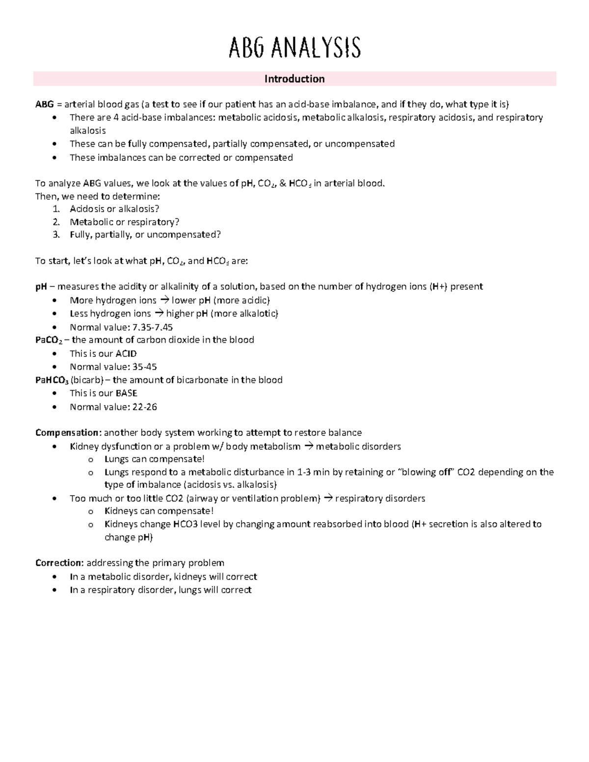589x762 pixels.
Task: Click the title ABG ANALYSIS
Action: pyautogui.click(x=294, y=48)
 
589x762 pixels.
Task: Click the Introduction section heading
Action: pyautogui.click(x=294, y=79)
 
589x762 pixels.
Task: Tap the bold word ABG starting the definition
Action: pyautogui.click(x=43, y=104)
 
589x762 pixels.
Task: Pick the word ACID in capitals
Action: pyautogui.click(x=126, y=353)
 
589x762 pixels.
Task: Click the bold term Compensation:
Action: pyautogui.click(x=68, y=433)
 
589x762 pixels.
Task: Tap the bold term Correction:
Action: pyautogui.click(x=59, y=563)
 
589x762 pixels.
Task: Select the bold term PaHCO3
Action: pyautogui.click(x=52, y=380)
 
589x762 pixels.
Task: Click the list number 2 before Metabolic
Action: pyautogui.click(x=56, y=222)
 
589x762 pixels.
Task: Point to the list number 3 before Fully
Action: pyautogui.click(x=56, y=235)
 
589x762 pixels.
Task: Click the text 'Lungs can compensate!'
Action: pyautogui.click(x=154, y=459)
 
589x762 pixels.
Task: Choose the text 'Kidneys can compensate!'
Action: pyautogui.click(x=159, y=511)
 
